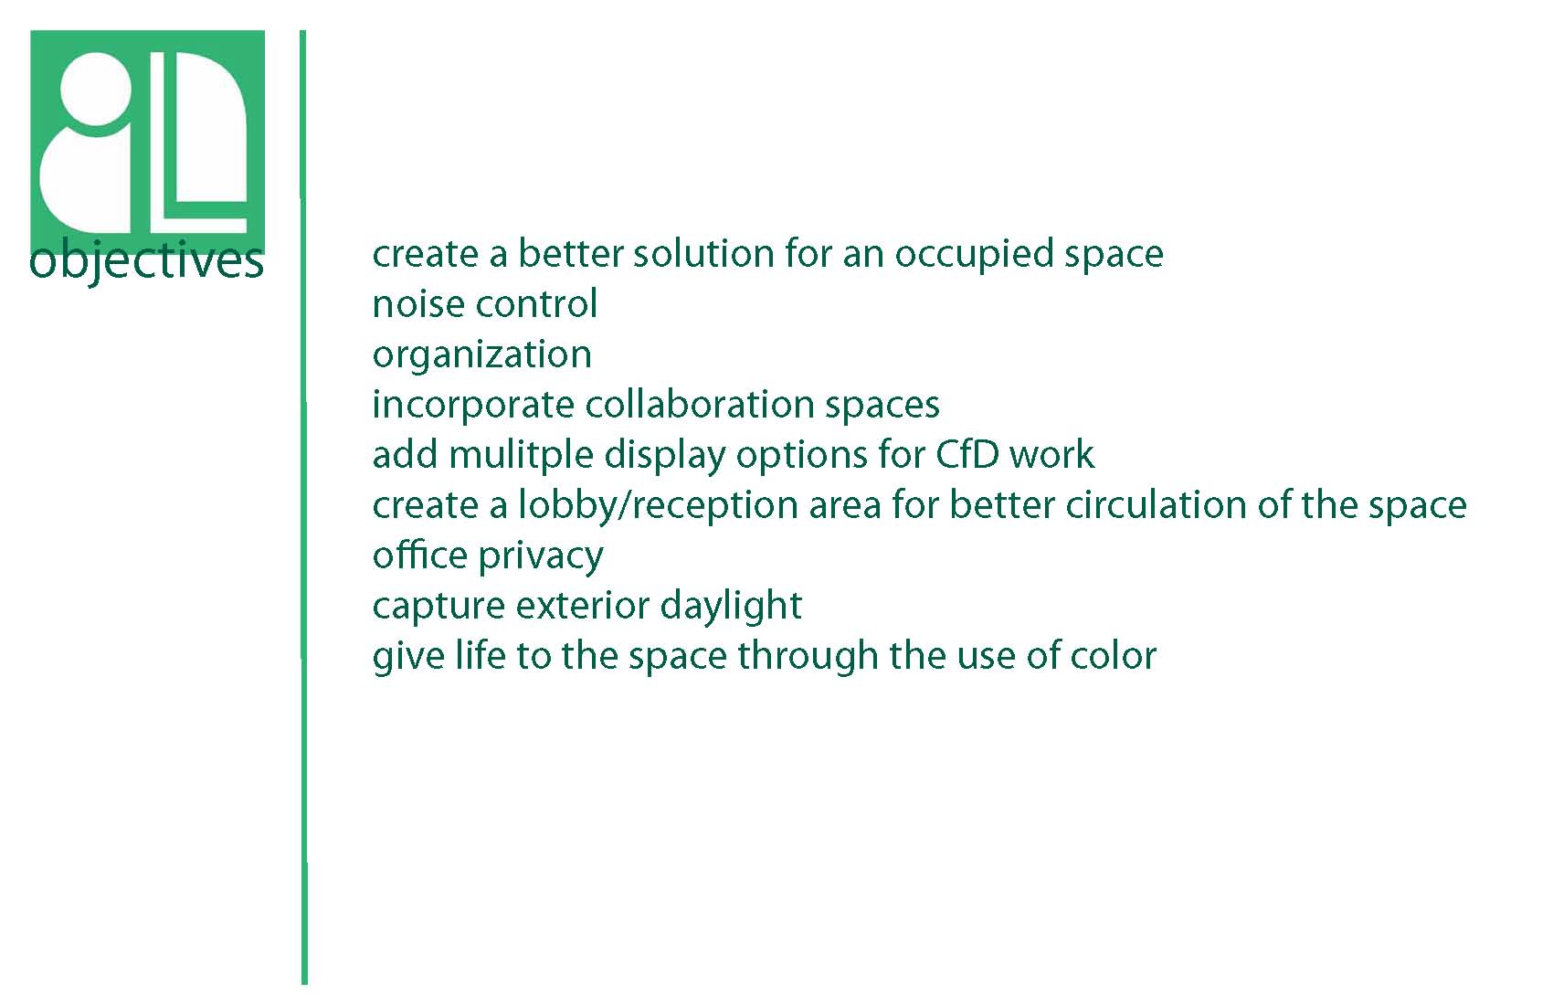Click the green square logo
click(x=148, y=143)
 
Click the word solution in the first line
click(x=703, y=253)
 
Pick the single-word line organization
click(x=481, y=356)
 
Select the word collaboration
click(x=700, y=405)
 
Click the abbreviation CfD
click(x=967, y=454)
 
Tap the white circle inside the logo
click(x=96, y=89)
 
